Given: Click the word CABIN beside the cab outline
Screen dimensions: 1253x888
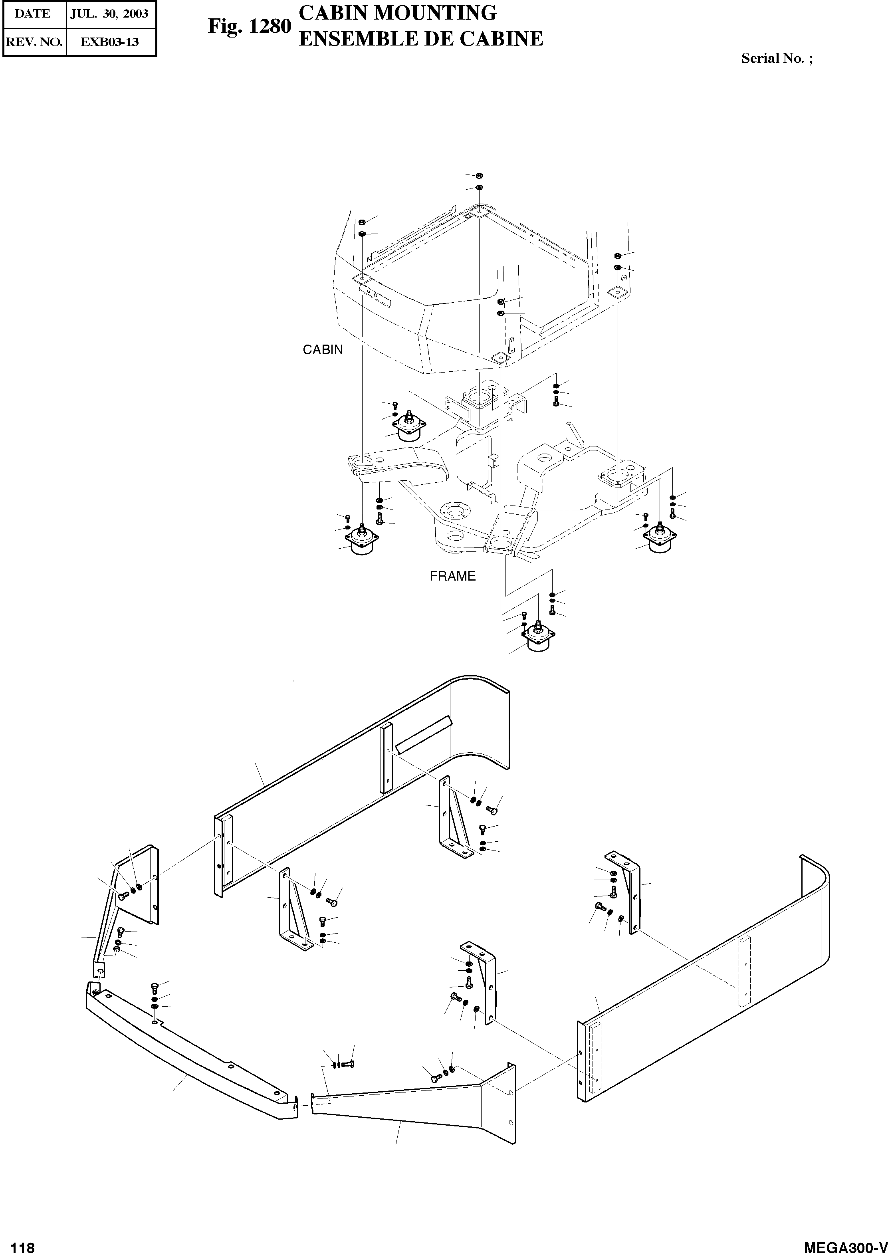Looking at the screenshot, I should coord(323,350).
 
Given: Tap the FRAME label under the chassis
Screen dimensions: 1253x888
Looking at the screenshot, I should coord(452,576).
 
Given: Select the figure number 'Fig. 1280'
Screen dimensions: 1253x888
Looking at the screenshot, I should coord(249,26).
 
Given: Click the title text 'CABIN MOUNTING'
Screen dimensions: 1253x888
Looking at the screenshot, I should coord(398,12).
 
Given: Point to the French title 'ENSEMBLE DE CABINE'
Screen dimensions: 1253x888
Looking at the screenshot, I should coord(421,39).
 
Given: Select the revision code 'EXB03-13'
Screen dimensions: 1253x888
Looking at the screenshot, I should coord(109,42).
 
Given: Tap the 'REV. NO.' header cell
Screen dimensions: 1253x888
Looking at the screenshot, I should coord(34,42).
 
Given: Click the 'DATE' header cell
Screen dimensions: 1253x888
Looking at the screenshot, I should coord(33,14).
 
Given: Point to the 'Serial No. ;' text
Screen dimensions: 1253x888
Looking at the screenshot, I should coord(777,58).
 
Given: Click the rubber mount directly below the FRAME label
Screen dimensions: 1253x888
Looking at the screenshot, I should coord(539,638).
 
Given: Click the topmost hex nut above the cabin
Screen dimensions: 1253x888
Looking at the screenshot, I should coord(478,175).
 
